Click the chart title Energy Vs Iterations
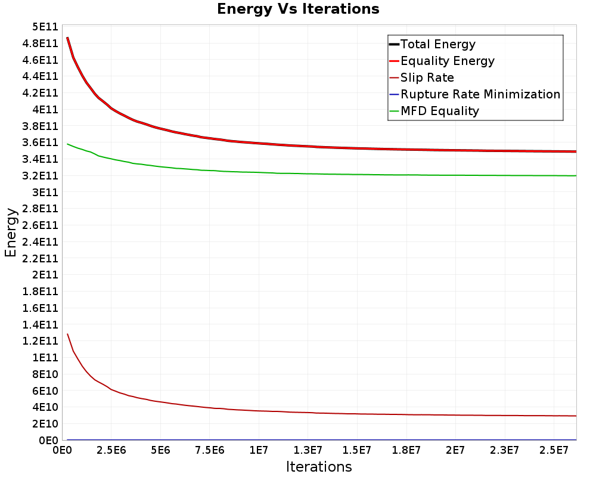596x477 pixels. pyautogui.click(x=298, y=9)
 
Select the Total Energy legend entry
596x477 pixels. pyautogui.click(x=438, y=44)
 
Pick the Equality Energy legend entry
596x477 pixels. pyautogui.click(x=447, y=61)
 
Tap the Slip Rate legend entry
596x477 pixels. pyautogui.click(x=427, y=78)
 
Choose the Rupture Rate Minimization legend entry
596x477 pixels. pyautogui.click(x=480, y=94)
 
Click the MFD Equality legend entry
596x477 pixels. pyautogui.click(x=439, y=111)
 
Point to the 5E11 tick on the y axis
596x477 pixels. pyautogui.click(x=45, y=27)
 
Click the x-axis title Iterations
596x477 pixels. pyautogui.click(x=319, y=467)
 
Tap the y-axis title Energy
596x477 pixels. pyautogui.click(x=10, y=233)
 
